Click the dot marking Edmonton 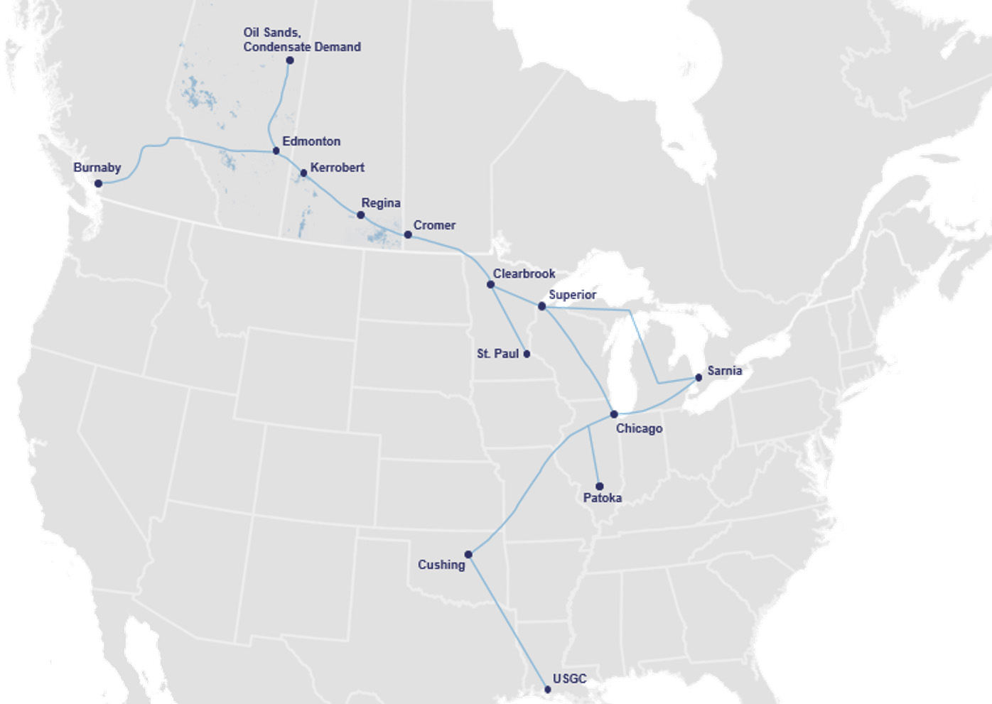pos(276,151)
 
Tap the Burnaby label pos(97,168)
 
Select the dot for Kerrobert pos(303,173)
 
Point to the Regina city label pos(380,203)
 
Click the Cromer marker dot pos(408,234)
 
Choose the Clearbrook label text pos(524,274)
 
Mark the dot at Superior pos(541,306)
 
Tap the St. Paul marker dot pos(527,354)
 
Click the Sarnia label pos(724,371)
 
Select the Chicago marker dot pos(614,414)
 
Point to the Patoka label pos(602,498)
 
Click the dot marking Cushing pos(468,555)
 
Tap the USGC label pos(569,678)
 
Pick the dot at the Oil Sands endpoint pos(289,60)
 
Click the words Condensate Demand pos(302,47)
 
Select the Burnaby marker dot pos(99,183)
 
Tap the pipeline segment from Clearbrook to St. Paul pos(509,320)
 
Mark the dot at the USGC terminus pos(547,689)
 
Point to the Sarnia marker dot pos(699,377)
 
